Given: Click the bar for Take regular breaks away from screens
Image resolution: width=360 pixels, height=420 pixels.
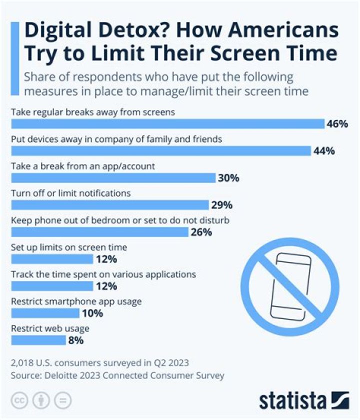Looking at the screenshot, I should tap(167, 124).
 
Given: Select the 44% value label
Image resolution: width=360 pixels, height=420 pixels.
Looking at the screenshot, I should tap(323, 151).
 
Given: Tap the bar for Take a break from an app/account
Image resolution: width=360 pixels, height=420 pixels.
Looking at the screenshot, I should tap(113, 178).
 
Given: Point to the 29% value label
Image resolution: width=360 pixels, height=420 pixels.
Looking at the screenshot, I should tap(221, 205).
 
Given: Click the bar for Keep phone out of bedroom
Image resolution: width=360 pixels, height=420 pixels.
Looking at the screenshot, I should tap(99, 232).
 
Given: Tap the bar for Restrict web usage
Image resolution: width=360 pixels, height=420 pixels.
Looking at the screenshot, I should tap(38, 340).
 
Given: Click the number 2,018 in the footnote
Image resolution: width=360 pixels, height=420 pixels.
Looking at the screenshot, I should tap(23, 362).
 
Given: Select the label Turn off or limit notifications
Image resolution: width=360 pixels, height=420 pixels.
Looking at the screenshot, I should tap(70, 193).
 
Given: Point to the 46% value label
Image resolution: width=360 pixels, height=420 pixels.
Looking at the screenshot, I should tap(337, 124).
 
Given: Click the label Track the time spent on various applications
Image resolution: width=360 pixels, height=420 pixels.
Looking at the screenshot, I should tap(103, 274).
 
